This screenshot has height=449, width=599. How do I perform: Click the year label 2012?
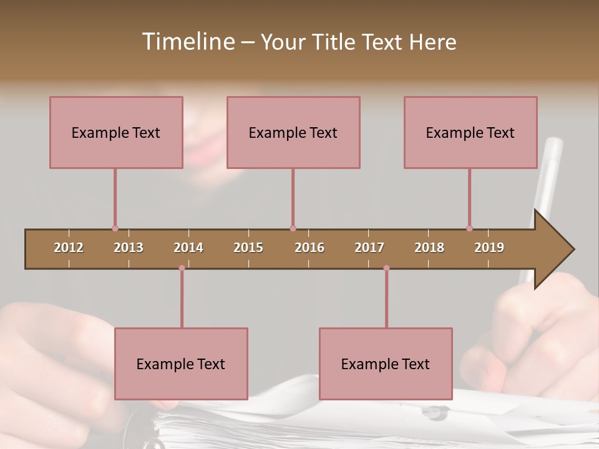click(69, 248)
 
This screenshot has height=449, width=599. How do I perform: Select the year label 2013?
click(129, 248)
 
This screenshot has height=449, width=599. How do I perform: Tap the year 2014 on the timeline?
click(188, 248)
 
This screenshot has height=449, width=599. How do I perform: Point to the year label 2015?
click(248, 248)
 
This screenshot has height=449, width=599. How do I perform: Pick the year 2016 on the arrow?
click(309, 248)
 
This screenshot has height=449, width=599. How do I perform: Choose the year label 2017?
click(369, 248)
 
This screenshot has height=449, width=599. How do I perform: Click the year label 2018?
click(429, 248)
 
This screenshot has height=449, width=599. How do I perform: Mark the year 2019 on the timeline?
click(489, 248)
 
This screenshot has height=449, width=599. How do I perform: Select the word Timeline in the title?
click(188, 42)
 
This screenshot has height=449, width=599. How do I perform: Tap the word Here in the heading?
click(432, 42)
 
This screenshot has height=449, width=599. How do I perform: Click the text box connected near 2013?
click(116, 132)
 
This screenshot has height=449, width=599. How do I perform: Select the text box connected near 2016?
click(293, 132)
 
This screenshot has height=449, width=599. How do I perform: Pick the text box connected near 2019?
click(470, 132)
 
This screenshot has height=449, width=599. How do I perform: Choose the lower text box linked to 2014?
click(181, 364)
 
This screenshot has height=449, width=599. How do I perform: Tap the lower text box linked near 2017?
click(386, 364)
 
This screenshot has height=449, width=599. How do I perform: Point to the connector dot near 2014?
click(182, 268)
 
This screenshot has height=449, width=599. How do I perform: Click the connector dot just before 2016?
click(293, 228)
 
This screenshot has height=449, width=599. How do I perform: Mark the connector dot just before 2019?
click(469, 228)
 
